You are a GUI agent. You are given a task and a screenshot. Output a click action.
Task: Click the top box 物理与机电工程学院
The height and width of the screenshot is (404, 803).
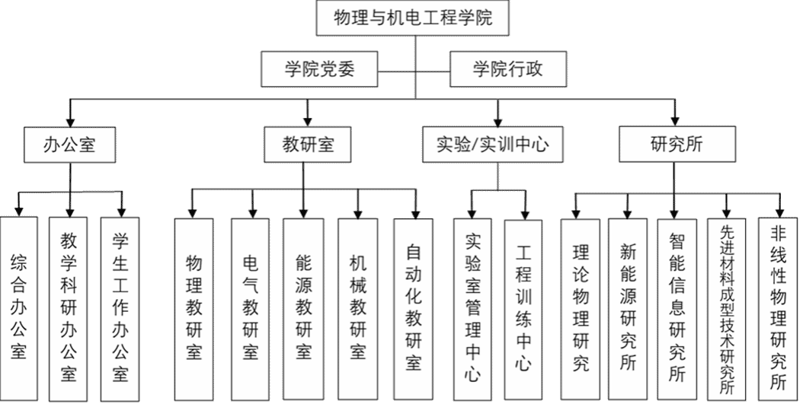pos(413,19)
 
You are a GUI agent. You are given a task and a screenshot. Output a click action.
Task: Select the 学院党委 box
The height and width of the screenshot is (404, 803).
pos(319,71)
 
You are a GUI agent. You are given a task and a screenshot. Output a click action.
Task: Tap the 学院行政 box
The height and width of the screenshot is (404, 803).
pos(507,71)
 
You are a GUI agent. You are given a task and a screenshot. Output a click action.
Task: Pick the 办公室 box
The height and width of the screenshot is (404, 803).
pos(69,144)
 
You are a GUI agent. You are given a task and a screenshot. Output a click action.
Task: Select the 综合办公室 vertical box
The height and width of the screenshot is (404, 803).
pos(19,308)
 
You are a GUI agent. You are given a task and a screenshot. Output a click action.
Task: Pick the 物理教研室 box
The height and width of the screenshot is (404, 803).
pos(194,308)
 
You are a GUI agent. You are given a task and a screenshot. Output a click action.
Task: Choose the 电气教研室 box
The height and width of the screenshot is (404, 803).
pos(250,308)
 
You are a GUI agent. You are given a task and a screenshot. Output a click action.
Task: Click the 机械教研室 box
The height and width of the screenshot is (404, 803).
pos(358,308)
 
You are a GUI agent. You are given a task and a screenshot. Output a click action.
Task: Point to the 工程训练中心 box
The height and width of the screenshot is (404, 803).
pos(523,308)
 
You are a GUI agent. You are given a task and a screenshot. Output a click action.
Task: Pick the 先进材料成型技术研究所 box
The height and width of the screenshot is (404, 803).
pos(727,308)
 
